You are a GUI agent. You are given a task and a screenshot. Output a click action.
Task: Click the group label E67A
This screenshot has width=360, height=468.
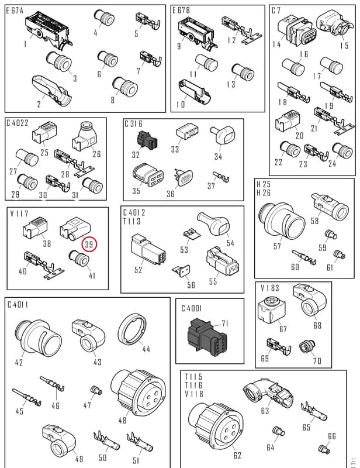tap(15, 11)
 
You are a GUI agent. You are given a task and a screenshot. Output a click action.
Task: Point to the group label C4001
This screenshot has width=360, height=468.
tap(192, 308)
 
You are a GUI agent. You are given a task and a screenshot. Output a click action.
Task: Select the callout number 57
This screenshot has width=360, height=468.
tap(277, 246)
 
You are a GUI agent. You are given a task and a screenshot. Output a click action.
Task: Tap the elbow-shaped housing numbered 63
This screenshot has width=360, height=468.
tap(268, 394)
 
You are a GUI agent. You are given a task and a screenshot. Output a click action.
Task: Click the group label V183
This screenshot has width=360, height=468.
tap(270, 288)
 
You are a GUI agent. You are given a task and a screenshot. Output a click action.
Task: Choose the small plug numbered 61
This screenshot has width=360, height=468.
tap(339, 254)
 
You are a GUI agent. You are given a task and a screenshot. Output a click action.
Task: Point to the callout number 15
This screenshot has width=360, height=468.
tap(344, 46)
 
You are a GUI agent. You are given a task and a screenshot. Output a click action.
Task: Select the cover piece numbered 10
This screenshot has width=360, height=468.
tap(195, 92)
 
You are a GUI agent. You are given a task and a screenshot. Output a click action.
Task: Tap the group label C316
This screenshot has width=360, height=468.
tap(133, 123)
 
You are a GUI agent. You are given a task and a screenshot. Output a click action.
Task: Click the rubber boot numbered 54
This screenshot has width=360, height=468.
tap(214, 225)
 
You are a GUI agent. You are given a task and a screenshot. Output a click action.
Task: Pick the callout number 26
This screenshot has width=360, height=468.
tap(96, 154)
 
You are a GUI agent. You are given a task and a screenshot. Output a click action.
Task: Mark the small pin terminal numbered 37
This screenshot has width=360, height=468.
tap(221, 177)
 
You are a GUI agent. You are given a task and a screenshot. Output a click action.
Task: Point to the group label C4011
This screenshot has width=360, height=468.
tap(18, 305)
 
